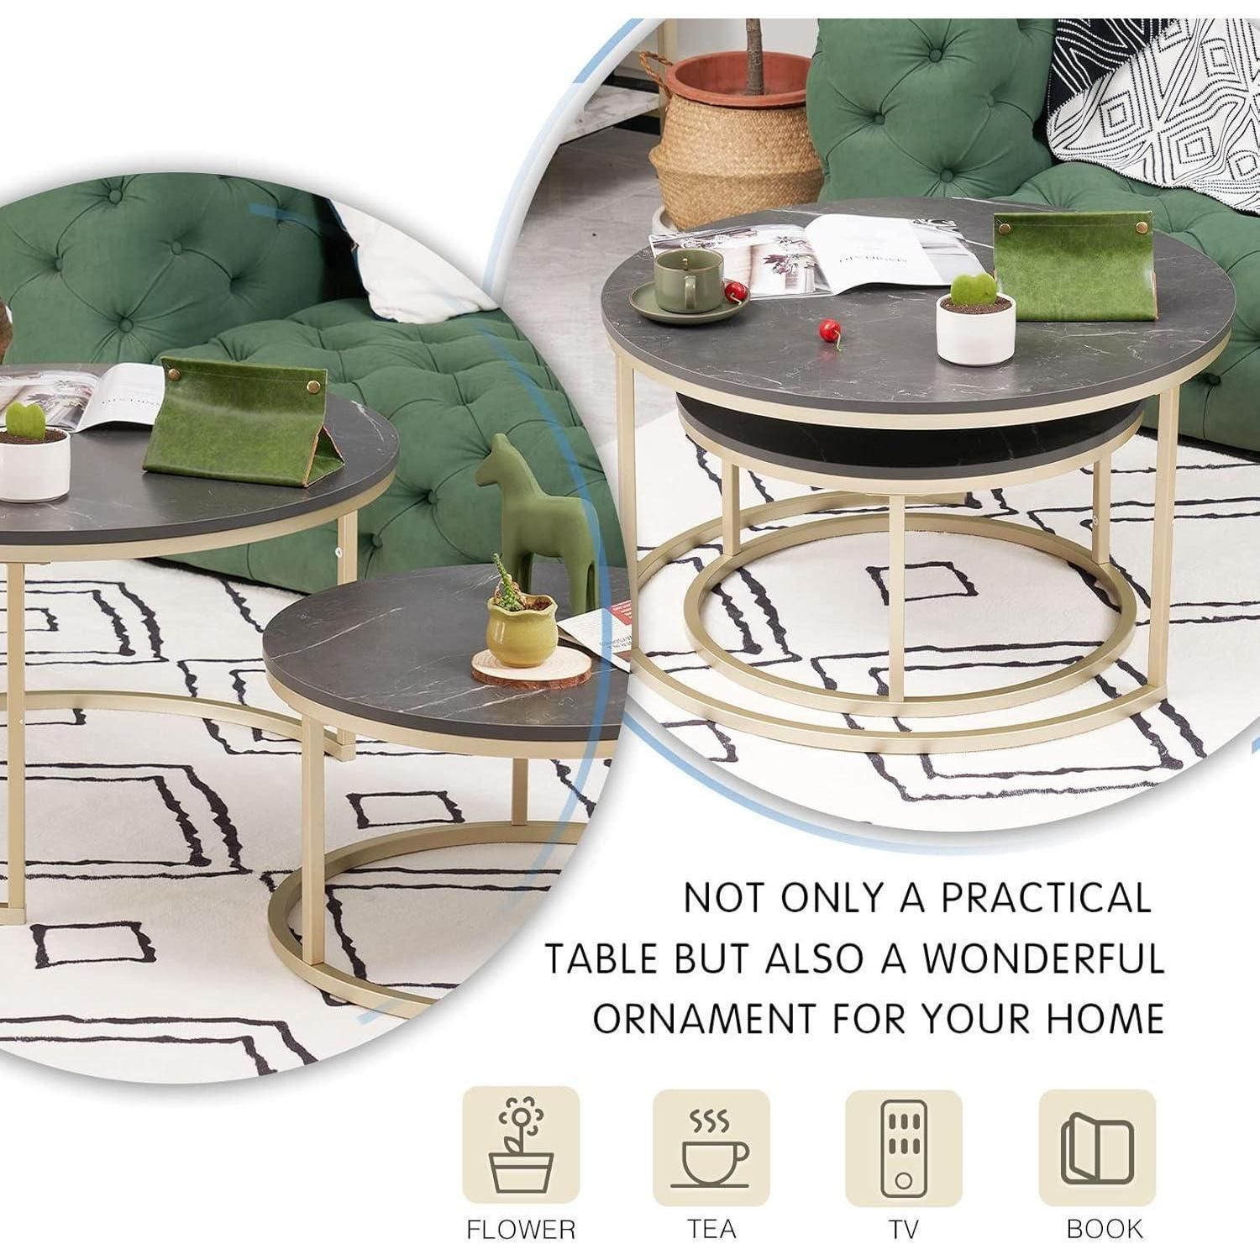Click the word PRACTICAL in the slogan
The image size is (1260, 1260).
pyautogui.click(x=1045, y=898)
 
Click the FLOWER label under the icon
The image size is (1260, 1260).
pyautogui.click(x=521, y=1229)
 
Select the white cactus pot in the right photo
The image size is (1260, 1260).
pyautogui.click(x=975, y=327)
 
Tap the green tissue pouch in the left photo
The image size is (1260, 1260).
pyautogui.click(x=235, y=419)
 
